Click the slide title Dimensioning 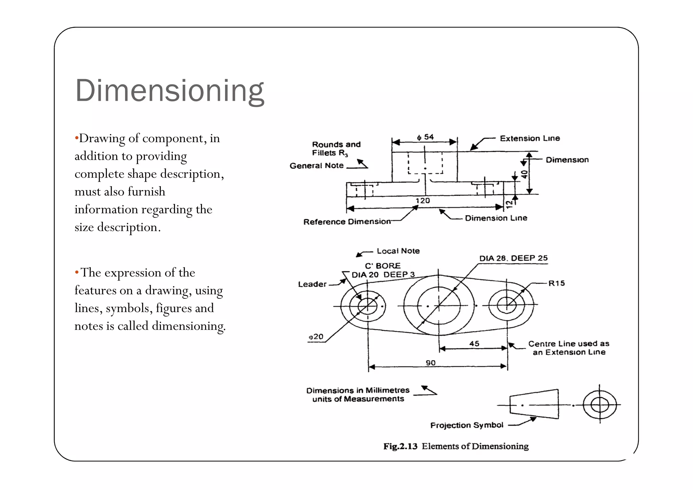pyautogui.click(x=169, y=91)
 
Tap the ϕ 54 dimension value pyautogui.click(x=425, y=137)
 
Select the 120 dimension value pyautogui.click(x=423, y=201)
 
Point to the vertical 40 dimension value pyautogui.click(x=524, y=174)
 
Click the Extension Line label pyautogui.click(x=530, y=138)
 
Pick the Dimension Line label pyautogui.click(x=496, y=218)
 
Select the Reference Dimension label pyautogui.click(x=347, y=222)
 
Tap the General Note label pyautogui.click(x=316, y=165)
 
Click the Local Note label pyautogui.click(x=398, y=251)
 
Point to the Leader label pyautogui.click(x=312, y=284)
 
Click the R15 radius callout pyautogui.click(x=556, y=283)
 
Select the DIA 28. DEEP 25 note pyautogui.click(x=513, y=258)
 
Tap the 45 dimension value pyautogui.click(x=474, y=343)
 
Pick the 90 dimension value pyautogui.click(x=430, y=363)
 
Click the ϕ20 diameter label pyautogui.click(x=316, y=337)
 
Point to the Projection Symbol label pyautogui.click(x=466, y=425)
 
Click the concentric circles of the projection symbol pyautogui.click(x=600, y=404)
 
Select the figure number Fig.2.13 pyautogui.click(x=400, y=446)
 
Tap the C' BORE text pyautogui.click(x=382, y=266)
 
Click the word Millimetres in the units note pyautogui.click(x=387, y=390)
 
